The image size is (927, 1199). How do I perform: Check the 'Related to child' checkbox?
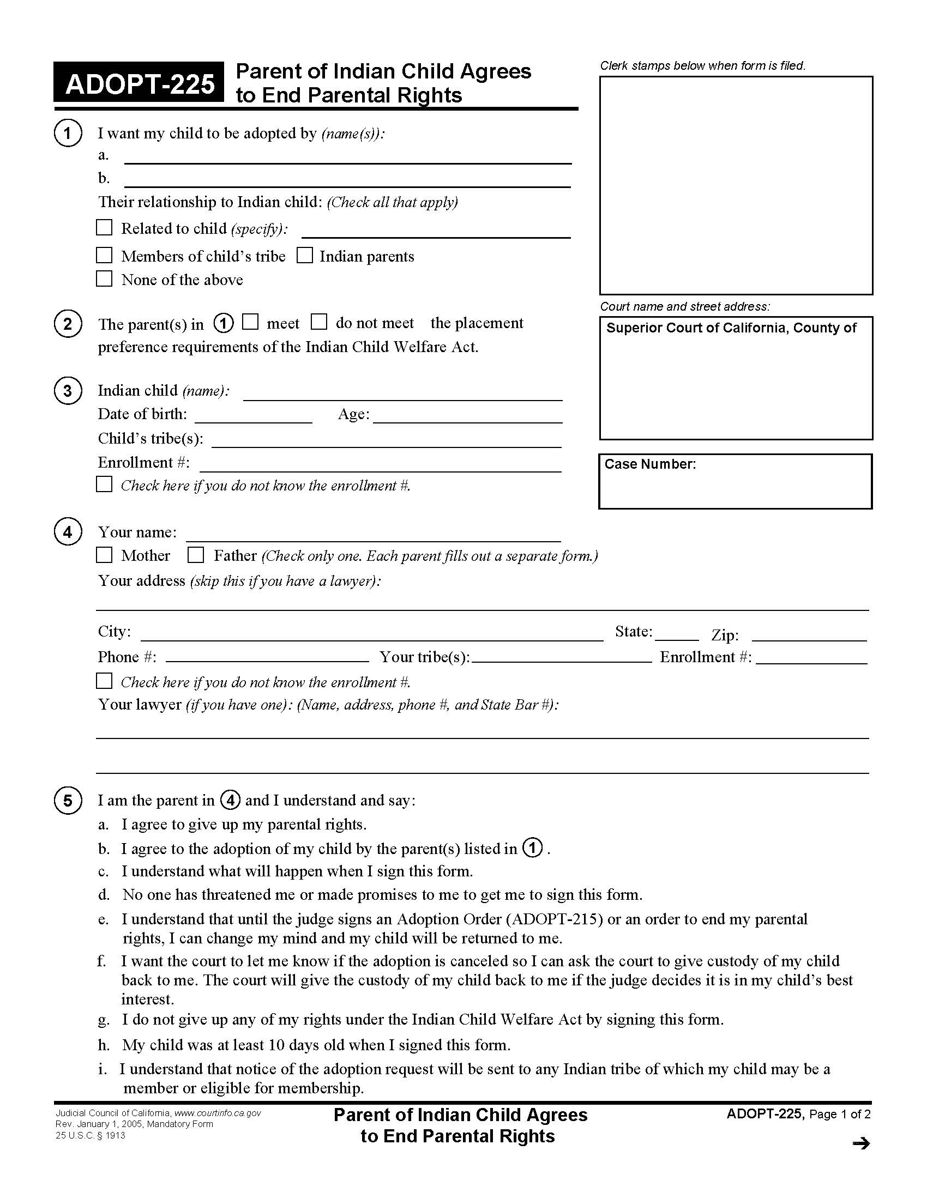point(104,227)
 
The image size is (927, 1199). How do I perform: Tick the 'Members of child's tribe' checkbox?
point(104,255)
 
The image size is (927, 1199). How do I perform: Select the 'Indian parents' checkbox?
point(305,255)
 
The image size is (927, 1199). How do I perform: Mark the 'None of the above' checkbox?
point(104,279)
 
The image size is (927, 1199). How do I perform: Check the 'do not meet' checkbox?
point(318,322)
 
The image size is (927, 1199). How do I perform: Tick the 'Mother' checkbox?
point(104,555)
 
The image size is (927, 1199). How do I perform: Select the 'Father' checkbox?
point(196,555)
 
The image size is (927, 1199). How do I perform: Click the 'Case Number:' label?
point(649,464)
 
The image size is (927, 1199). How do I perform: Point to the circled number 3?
point(68,391)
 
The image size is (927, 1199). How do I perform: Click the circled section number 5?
point(68,801)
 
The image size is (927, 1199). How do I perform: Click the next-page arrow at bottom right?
point(861,1143)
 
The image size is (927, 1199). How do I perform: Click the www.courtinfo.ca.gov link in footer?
point(218,1113)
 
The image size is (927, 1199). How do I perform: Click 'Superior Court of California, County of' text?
point(731,328)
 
